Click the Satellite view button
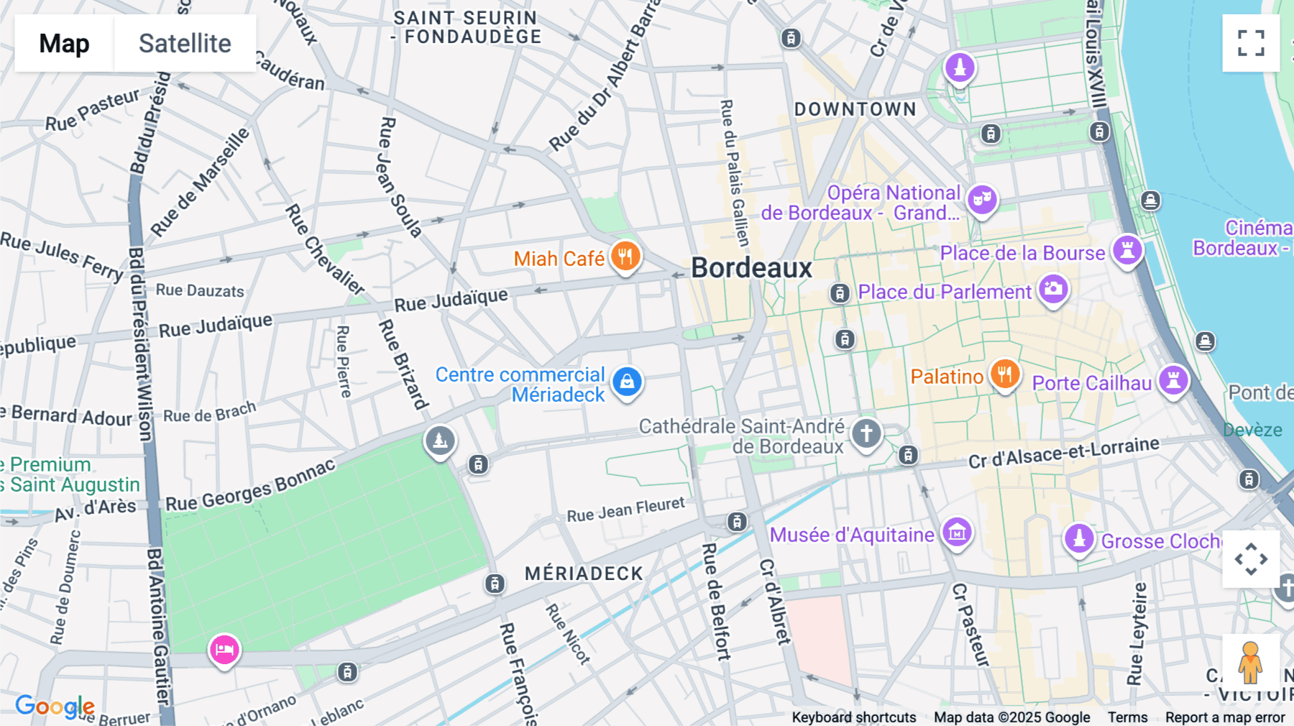(x=185, y=43)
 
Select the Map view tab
(x=64, y=43)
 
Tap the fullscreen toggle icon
(x=1251, y=43)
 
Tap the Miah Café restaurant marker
(x=625, y=256)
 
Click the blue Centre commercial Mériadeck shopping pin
(x=627, y=381)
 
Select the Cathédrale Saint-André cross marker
(x=866, y=433)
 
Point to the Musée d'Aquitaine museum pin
(x=957, y=533)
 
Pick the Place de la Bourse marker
(x=1127, y=250)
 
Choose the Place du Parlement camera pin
(x=1053, y=289)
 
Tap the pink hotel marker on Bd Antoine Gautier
(x=224, y=650)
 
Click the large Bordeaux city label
(x=751, y=268)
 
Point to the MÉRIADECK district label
(x=584, y=574)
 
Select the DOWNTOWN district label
(x=855, y=109)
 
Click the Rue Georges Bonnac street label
(x=251, y=485)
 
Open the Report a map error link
(x=1225, y=717)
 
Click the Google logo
(x=54, y=707)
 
